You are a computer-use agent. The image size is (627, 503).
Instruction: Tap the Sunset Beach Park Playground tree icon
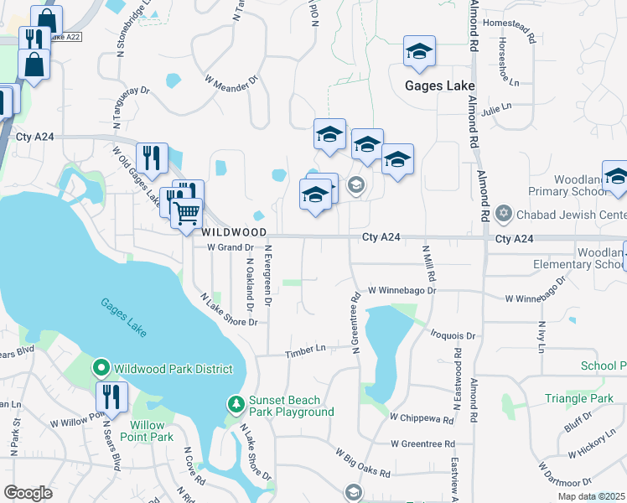pos(236,404)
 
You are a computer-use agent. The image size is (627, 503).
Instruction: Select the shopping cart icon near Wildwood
pos(187,212)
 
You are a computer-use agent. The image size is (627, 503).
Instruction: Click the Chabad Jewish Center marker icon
pos(503,213)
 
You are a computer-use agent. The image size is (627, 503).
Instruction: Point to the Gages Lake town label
pos(440,86)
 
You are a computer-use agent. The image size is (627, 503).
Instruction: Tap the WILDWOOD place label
pos(233,231)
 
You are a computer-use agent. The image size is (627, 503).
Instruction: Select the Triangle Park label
pos(578,398)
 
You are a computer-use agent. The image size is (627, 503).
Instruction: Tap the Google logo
pos(28,493)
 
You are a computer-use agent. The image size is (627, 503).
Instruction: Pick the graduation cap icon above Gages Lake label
pos(419,54)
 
